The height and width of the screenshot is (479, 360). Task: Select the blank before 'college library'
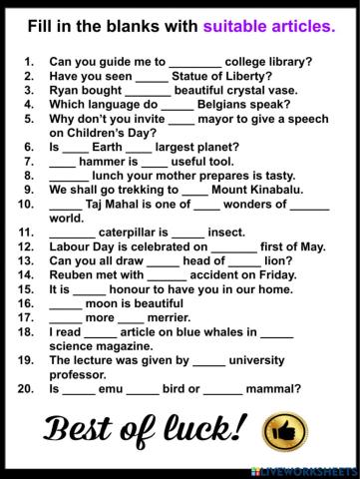coord(194,61)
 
